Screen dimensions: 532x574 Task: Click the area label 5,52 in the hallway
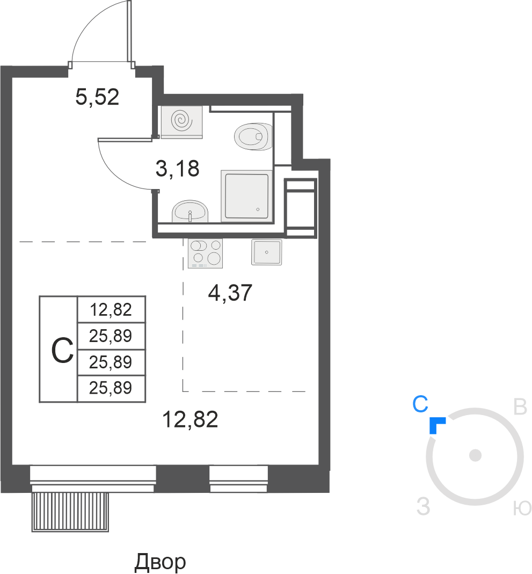97,97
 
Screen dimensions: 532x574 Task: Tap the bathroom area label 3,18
178,169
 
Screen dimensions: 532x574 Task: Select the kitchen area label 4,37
230,293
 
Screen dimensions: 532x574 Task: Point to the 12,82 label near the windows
190,419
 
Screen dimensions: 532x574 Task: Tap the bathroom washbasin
190,211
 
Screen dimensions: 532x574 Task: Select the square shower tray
247,196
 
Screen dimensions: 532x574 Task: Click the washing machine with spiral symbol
181,122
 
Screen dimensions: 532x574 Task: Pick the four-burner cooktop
205,253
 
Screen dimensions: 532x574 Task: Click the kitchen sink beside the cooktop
267,252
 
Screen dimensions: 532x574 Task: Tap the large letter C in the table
62,350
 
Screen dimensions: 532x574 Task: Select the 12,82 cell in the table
111,310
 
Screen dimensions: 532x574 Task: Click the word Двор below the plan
161,562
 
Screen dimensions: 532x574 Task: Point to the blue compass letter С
420,404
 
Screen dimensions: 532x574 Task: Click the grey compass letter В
520,406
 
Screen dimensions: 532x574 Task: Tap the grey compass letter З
424,507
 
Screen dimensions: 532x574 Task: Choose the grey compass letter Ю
522,508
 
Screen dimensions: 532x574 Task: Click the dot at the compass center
475,456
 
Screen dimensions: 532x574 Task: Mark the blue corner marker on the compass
436,424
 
